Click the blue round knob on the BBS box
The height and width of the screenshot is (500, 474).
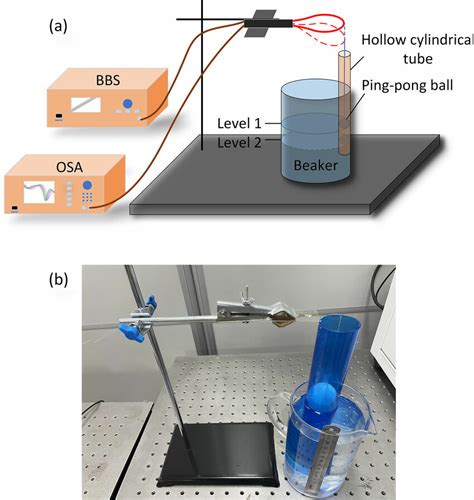(126, 105)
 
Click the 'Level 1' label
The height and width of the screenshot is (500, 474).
(239, 124)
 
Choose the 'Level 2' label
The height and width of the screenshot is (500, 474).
(239, 143)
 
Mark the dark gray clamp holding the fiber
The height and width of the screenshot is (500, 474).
(264, 21)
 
